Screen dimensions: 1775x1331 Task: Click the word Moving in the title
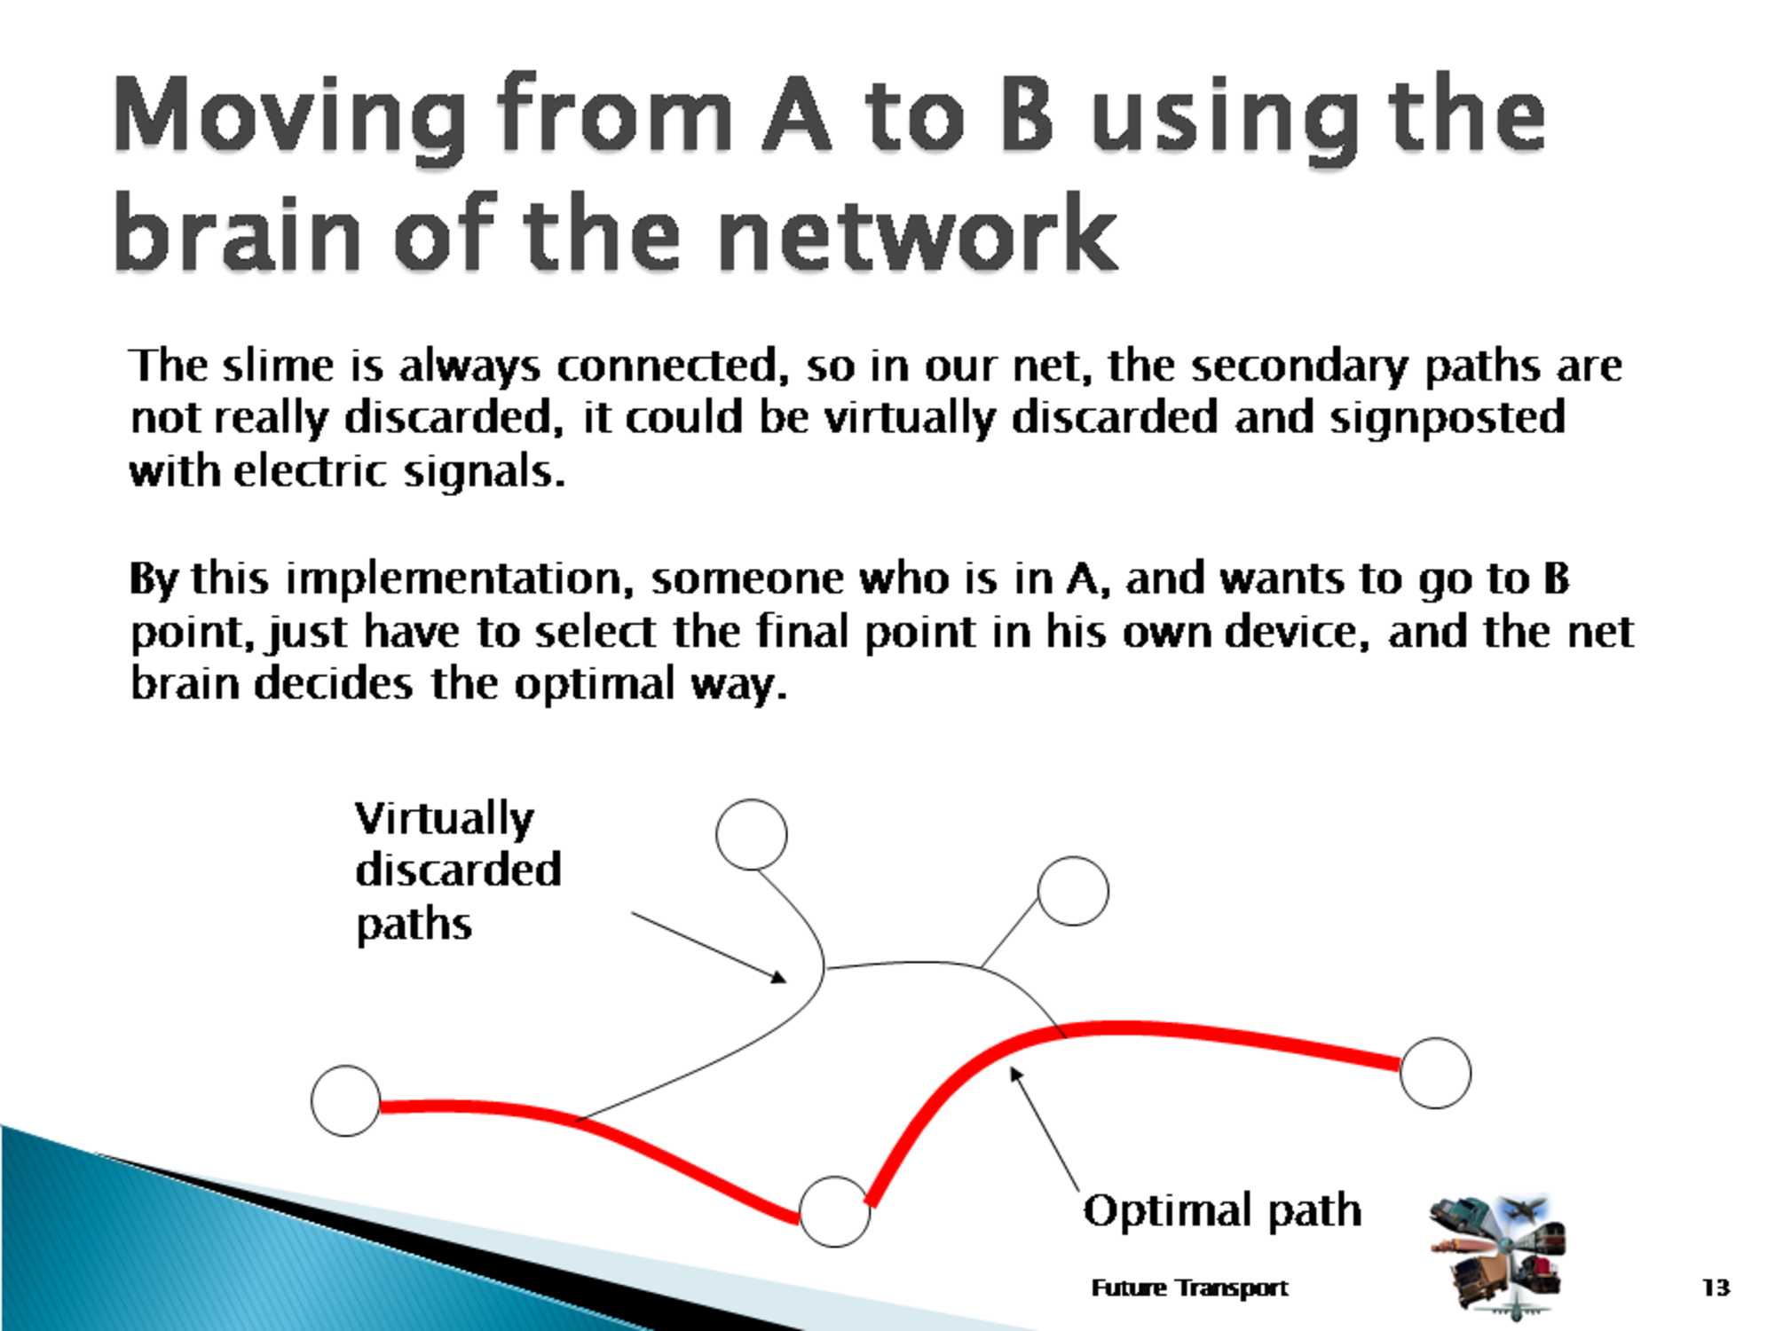point(289,115)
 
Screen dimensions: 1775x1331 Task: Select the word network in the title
point(917,233)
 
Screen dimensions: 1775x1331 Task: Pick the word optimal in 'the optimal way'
point(595,686)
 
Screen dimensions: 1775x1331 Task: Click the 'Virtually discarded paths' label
point(458,871)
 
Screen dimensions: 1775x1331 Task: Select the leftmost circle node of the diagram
point(346,1100)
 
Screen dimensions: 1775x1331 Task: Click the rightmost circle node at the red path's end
point(1435,1073)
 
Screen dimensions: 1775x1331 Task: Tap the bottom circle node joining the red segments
point(834,1212)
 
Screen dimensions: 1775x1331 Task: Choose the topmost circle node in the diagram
point(751,834)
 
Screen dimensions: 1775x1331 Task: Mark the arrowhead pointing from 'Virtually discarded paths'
point(779,977)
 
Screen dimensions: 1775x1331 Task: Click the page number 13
point(1716,1288)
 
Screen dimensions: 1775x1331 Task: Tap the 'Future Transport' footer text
point(1189,1288)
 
